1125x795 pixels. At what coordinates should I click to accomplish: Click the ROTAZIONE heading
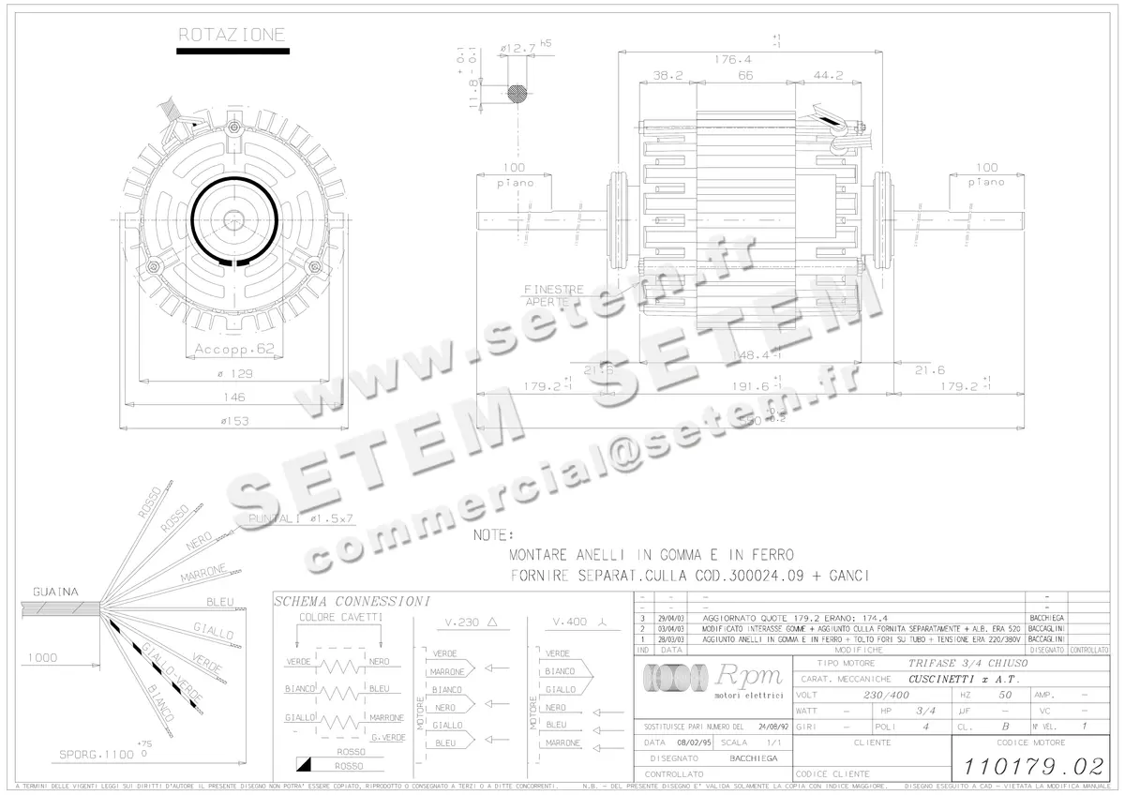click(232, 36)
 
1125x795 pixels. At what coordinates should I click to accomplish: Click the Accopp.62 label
click(234, 349)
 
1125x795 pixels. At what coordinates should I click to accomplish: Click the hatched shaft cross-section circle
click(517, 93)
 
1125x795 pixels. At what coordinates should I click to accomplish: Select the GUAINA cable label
click(55, 592)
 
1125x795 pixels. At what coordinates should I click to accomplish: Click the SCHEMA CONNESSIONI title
click(352, 601)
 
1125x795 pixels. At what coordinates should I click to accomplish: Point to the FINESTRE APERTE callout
click(553, 296)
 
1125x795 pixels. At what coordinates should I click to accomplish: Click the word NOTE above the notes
click(492, 535)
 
